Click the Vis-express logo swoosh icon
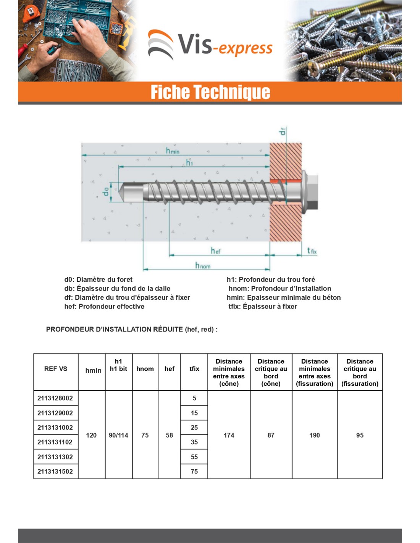coord(161,45)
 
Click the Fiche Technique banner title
coord(210,92)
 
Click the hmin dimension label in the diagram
coord(172,151)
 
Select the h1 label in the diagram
coord(189,163)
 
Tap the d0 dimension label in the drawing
coord(106,192)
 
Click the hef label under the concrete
coord(215,251)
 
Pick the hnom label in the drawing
coord(202,265)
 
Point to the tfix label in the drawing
coord(312,251)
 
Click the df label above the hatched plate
coord(283,131)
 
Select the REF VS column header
coord(56,369)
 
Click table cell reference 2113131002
coord(55,428)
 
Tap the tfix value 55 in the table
coord(194,457)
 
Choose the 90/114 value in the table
coord(118,435)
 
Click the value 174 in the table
coord(229,435)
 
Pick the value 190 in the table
coord(314,435)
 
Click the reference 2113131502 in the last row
coord(55,472)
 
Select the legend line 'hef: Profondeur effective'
coord(104,307)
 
